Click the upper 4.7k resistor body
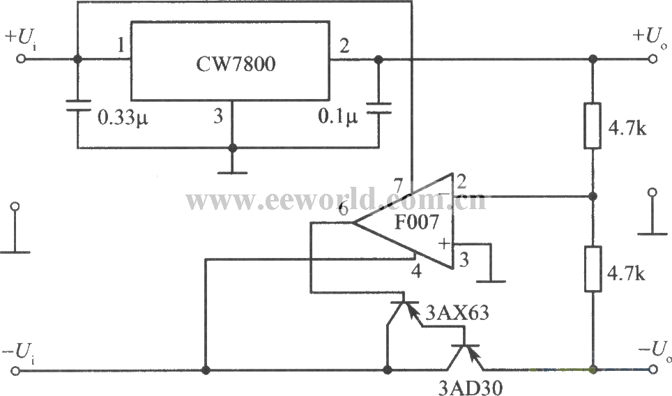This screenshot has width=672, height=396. click(592, 126)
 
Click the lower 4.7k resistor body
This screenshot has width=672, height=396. click(592, 268)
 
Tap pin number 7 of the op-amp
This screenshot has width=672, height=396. click(398, 186)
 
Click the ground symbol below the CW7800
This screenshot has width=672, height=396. click(232, 170)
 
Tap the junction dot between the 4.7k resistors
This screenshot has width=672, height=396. click(592, 196)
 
